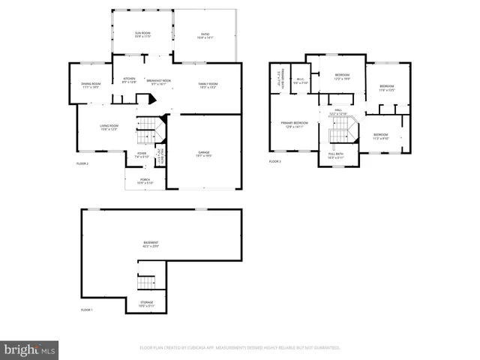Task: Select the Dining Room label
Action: click(91, 85)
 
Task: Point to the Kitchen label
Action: click(129, 79)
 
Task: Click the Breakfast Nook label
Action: click(158, 82)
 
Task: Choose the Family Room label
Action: click(207, 85)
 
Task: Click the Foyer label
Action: click(142, 155)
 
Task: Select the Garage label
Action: click(203, 154)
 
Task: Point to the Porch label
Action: click(145, 181)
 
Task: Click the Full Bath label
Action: click(335, 155)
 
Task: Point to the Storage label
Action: click(145, 304)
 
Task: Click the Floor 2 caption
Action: click(82, 163)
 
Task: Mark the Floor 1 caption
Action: click(87, 310)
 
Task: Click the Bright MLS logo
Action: click(30, 349)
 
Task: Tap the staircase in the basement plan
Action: click(146, 283)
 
